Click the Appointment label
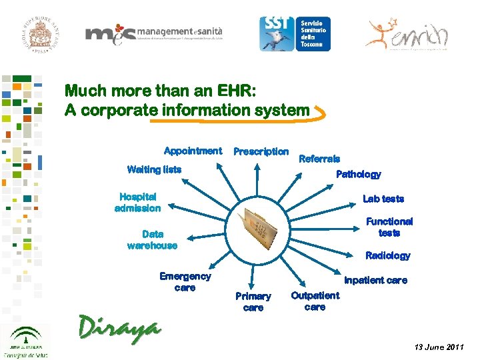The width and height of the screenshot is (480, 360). point(193,151)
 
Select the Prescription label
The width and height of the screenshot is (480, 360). point(261,151)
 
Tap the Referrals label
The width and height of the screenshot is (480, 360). point(319,159)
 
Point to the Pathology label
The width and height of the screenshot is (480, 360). point(358,175)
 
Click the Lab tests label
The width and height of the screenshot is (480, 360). point(383,199)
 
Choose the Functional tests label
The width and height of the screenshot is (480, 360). point(389,227)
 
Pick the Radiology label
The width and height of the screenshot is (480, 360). point(387,255)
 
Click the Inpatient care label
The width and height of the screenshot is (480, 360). point(375,281)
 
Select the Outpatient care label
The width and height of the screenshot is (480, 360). point(315,301)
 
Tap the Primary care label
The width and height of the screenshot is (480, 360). point(253,301)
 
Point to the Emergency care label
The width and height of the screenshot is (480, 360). point(185,281)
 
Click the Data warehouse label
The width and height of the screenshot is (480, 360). point(152,239)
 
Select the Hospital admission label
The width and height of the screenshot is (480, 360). point(137,202)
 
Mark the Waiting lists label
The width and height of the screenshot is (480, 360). point(153,169)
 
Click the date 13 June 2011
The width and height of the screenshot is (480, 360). point(437,348)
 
